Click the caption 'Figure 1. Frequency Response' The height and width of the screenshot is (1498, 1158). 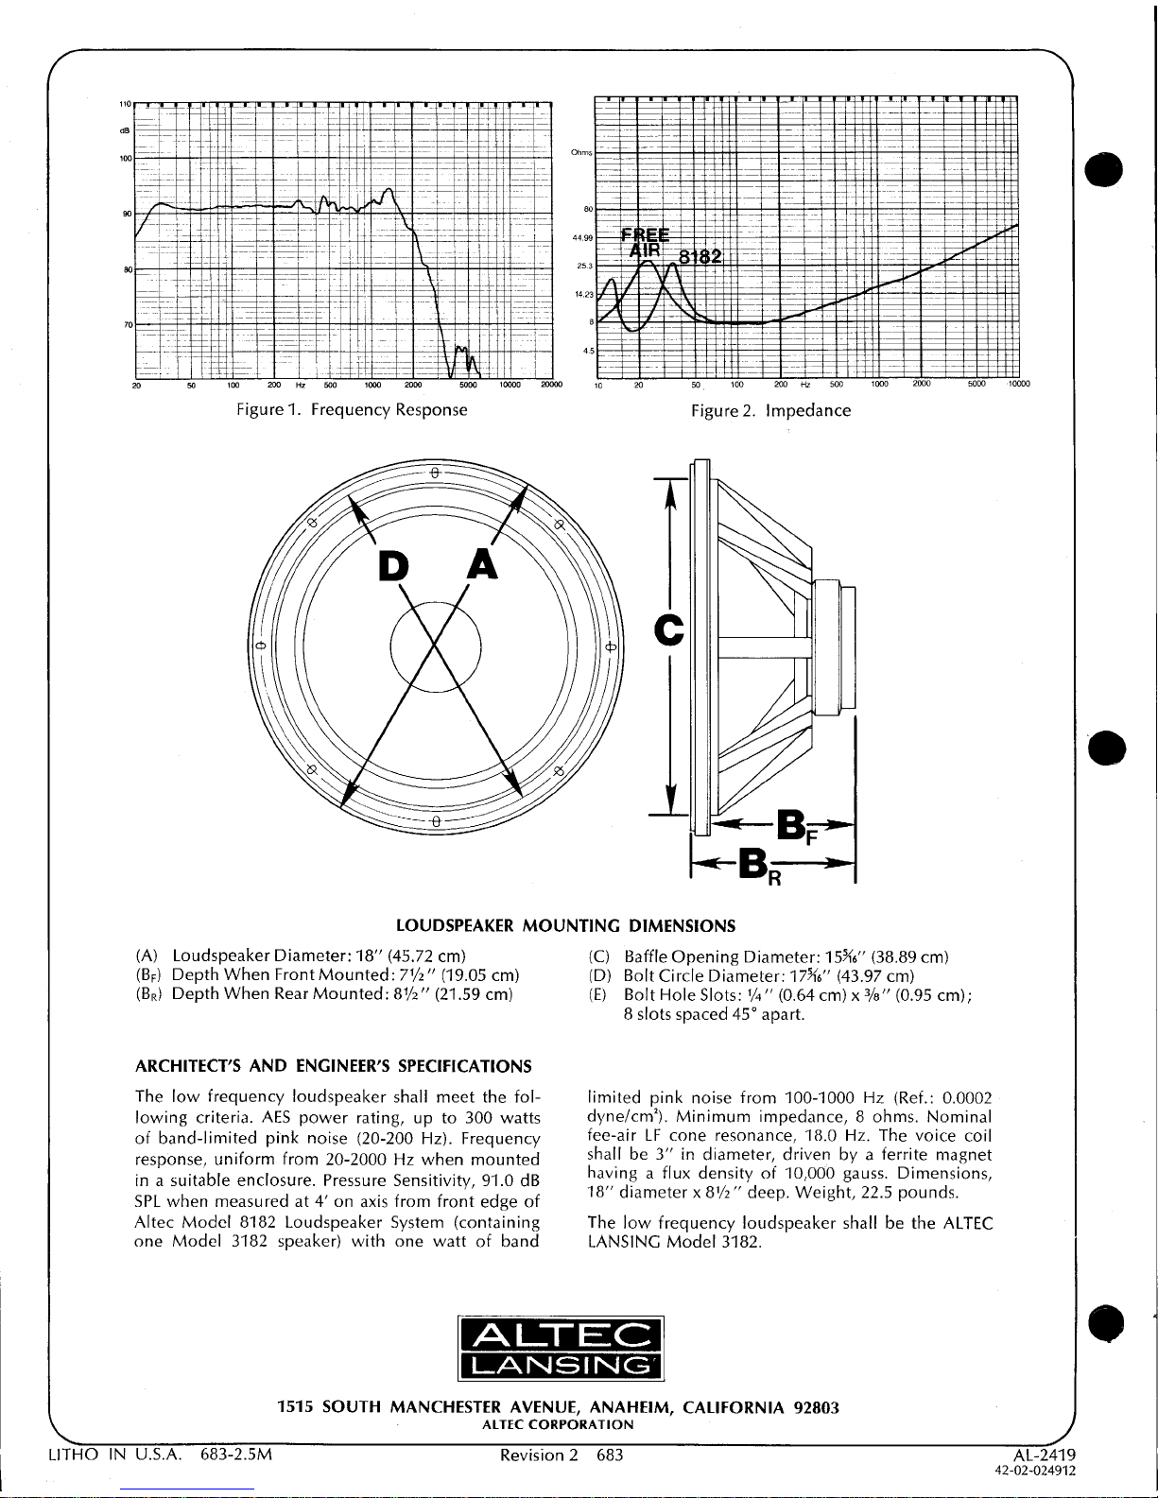point(353,410)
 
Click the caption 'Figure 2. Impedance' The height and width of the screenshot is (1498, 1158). point(770,410)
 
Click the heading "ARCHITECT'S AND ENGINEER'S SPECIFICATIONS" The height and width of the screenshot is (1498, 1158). point(334,1067)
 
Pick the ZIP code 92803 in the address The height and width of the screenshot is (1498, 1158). point(817,1407)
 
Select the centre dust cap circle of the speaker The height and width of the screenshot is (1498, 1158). point(436,648)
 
